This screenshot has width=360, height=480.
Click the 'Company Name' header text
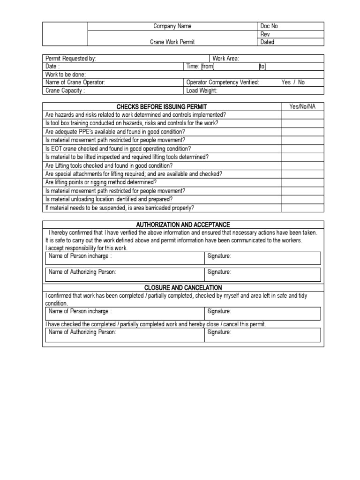172,26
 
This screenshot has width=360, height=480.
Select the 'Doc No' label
269,26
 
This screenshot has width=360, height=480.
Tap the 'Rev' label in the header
265,34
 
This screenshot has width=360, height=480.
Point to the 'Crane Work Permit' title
172,42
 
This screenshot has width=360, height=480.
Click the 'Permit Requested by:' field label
71,59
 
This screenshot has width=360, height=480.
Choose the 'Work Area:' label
226,59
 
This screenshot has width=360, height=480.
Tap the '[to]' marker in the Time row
262,67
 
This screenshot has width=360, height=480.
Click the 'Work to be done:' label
66,75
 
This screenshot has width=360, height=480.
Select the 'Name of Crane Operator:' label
75,82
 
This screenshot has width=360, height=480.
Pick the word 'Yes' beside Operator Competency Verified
286,82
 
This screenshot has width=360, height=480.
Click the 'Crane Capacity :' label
65,90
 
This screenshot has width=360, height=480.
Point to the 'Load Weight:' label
202,90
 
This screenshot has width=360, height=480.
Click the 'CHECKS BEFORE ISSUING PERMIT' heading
162,107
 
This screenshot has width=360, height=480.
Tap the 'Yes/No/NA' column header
302,106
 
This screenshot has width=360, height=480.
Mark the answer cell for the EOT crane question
302,149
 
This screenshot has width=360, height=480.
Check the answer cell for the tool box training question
302,123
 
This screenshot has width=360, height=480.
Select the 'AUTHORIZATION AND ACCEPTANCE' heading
183,225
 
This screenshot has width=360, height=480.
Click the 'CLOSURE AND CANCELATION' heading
183,287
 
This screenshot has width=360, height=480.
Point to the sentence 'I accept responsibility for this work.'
86,248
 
